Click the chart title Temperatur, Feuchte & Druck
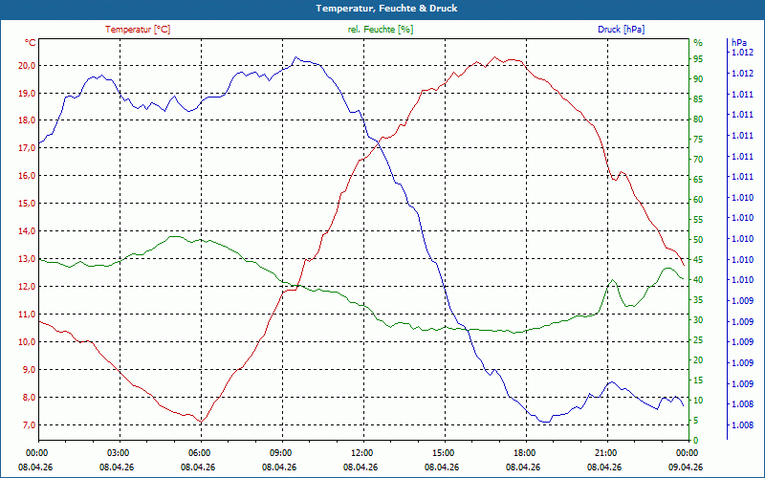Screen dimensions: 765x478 click(386, 9)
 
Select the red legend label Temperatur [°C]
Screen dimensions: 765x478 click(138, 30)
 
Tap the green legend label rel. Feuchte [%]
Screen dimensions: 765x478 click(380, 30)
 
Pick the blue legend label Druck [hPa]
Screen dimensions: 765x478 click(621, 30)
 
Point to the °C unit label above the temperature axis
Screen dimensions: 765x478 click(31, 43)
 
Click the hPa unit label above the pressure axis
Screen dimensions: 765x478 click(739, 43)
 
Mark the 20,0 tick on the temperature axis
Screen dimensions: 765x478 click(26, 66)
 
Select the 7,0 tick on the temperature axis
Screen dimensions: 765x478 click(28, 424)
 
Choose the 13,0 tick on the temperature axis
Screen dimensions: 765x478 click(26, 259)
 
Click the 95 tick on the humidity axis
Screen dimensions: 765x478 click(698, 59)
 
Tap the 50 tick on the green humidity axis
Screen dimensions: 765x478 click(698, 240)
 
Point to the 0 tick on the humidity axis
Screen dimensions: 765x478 click(696, 440)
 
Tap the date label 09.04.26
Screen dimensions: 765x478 click(686, 467)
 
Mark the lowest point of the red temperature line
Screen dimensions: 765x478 click(201, 422)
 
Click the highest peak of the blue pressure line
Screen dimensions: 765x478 click(295, 57)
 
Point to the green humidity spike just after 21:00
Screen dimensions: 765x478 click(612, 280)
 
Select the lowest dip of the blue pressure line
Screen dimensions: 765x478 click(545, 422)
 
